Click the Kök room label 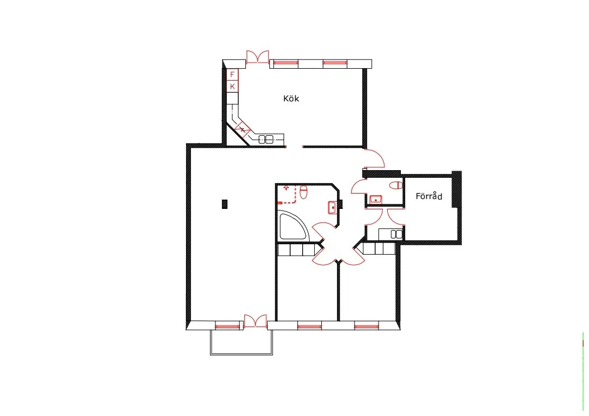(x=291, y=99)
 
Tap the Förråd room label (x=429, y=196)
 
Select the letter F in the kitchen (x=232, y=75)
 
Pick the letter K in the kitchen (x=232, y=87)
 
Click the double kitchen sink (x=266, y=138)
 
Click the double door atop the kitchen (x=257, y=57)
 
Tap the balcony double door (x=255, y=321)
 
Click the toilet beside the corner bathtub (x=304, y=191)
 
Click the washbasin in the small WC (x=375, y=200)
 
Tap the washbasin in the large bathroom (x=332, y=207)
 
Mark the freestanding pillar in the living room (x=225, y=204)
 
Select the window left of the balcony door (x=227, y=327)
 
